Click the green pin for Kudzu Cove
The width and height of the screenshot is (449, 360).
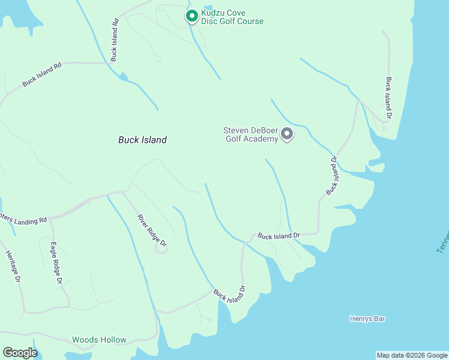[x=191, y=16]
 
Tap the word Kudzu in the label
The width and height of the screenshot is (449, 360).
[x=214, y=13]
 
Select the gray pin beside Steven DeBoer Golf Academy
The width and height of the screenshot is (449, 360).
[x=287, y=134]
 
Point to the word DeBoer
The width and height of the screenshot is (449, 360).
[x=263, y=130]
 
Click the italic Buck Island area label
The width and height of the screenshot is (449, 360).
[x=142, y=140]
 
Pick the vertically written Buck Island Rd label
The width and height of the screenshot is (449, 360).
[x=113, y=40]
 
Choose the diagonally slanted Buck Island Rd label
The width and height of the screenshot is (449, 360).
[x=42, y=75]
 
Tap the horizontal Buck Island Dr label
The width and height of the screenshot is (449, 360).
[x=279, y=236]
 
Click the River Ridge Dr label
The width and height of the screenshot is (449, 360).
[x=151, y=230]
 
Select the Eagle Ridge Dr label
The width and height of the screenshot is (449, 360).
[x=56, y=262]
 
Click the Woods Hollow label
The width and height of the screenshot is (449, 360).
[x=99, y=340]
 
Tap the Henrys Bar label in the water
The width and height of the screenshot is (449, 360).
[x=367, y=319]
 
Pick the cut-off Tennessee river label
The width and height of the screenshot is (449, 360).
[x=443, y=241]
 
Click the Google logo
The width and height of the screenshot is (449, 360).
[x=20, y=353]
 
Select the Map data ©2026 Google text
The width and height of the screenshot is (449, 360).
[x=412, y=355]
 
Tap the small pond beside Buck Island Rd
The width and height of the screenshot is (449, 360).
[x=124, y=77]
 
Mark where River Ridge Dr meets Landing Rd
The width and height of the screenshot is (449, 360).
[x=123, y=193]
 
